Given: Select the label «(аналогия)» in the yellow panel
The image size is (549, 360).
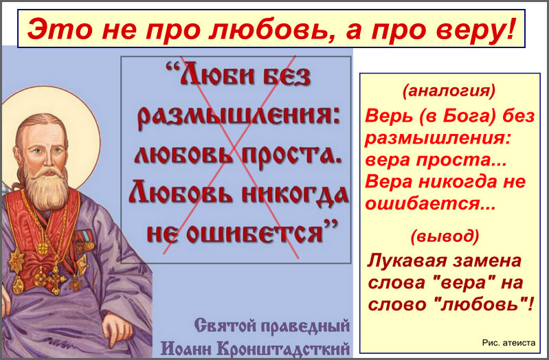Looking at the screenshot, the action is pos(449,91).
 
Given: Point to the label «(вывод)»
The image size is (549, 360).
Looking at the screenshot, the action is pos(445,236).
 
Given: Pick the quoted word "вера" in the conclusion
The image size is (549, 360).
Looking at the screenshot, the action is pos(463,282).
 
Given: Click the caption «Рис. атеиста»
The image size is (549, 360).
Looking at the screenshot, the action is pos(508,343).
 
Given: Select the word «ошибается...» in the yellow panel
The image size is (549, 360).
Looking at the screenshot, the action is pos(430,204).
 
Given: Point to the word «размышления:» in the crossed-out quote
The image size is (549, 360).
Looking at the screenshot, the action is pos(238,116).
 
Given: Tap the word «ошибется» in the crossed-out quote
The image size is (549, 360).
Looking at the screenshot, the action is pos(254,233).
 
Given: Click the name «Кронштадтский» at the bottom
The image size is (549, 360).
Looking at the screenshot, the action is pos(283,348).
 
